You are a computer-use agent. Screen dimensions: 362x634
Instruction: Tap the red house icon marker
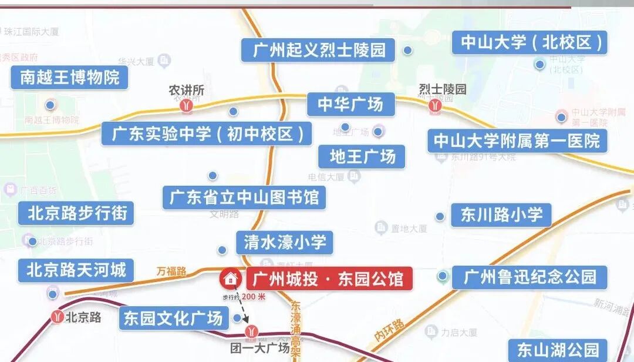click(x=230, y=278)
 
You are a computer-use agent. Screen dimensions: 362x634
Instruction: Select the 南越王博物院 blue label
click(x=69, y=77)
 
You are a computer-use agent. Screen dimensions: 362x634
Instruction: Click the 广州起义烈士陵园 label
click(x=319, y=50)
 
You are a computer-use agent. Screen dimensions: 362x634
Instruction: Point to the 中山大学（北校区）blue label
click(x=530, y=43)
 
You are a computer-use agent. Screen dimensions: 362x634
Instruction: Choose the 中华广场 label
click(x=350, y=105)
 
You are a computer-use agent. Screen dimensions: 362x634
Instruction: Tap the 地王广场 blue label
click(x=362, y=157)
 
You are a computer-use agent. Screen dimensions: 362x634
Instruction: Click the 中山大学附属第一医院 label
click(x=517, y=141)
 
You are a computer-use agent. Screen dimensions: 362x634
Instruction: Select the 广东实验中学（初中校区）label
click(x=207, y=134)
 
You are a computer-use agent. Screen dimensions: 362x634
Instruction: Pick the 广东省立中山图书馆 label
click(x=244, y=197)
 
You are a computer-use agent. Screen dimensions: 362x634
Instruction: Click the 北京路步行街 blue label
click(x=77, y=212)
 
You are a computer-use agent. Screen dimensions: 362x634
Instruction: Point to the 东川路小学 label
click(x=501, y=214)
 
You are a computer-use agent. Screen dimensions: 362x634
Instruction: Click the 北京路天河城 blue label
click(x=76, y=270)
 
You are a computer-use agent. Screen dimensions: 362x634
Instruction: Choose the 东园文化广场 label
click(x=174, y=319)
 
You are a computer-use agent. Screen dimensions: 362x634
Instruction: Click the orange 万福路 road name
click(x=171, y=271)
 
